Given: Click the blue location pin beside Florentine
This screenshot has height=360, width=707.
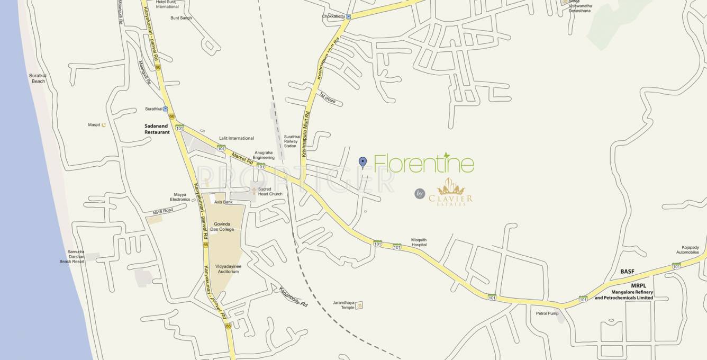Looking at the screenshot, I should coord(362,162).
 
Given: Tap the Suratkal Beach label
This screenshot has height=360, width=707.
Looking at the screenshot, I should coord(38,78).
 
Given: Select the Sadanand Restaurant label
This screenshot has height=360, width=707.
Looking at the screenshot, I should coord(157,129).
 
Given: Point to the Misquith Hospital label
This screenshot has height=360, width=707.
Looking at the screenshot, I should coord(419,242).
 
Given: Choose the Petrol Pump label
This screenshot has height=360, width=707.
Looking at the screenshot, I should coord(547,313).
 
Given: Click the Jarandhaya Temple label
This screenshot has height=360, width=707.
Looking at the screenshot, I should coord(343,305).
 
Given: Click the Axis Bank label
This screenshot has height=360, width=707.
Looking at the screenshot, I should coord(223,202).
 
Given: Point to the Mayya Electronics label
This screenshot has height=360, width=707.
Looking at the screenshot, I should coord(180,197).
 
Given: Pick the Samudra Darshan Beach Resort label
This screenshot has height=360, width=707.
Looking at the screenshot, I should coord(72,257).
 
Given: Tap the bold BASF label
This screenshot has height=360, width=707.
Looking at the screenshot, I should coord(627,272).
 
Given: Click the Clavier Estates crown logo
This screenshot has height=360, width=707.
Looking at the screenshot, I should coord(451,187).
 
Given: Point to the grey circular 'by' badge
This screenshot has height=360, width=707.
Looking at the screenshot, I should coord(420,194).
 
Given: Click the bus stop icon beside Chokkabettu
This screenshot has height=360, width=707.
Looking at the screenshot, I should coord(348,17).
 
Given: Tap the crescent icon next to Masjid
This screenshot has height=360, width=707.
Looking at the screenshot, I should coord(104,125).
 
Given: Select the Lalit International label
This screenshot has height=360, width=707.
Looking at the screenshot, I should coord(237,138).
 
